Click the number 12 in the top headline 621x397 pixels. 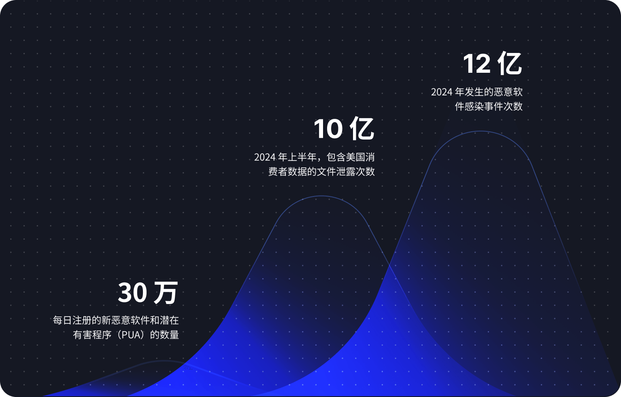[x=477, y=64]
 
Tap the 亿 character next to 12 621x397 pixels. [x=510, y=64]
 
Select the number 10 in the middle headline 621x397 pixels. [x=328, y=129]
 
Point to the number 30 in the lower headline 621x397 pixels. [x=132, y=293]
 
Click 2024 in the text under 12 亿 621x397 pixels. [x=441, y=92]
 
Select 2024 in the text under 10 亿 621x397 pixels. [x=265, y=157]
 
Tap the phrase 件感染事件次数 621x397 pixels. [x=489, y=107]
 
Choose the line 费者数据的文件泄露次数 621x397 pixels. [x=321, y=172]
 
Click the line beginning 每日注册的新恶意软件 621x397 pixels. [x=116, y=321]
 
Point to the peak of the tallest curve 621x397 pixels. [x=481, y=131]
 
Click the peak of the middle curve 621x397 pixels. [x=321, y=196]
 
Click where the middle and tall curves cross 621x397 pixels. [x=389, y=265]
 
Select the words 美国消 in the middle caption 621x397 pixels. [x=360, y=157]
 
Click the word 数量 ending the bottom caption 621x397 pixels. [x=169, y=335]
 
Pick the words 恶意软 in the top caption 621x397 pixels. [x=508, y=92]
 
